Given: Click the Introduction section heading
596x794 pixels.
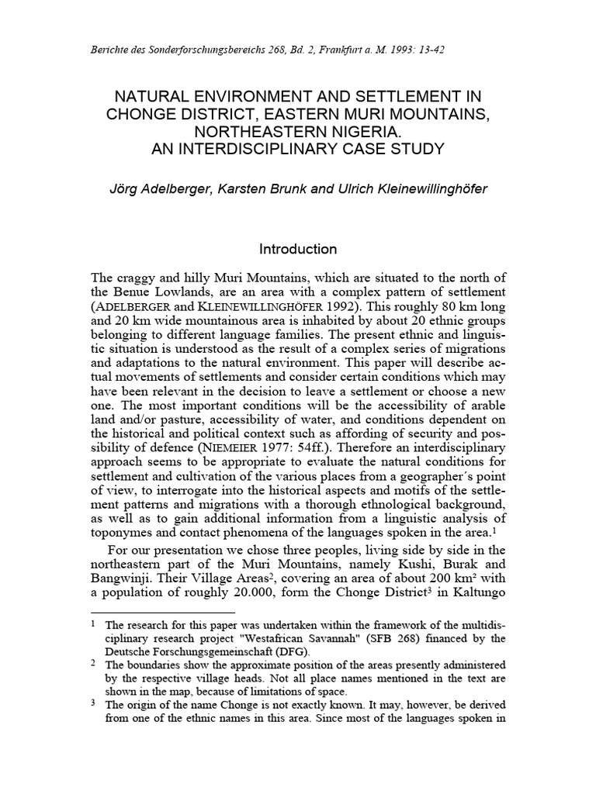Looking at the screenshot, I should tap(298, 249).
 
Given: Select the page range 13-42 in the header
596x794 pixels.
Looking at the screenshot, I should tap(428, 50).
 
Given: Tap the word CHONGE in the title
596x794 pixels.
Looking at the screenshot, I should tap(145, 115).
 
